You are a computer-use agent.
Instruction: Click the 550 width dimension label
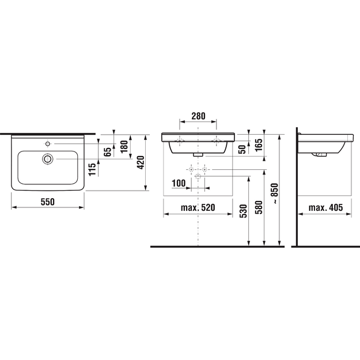click(48, 202)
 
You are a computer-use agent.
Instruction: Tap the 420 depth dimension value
click(141, 162)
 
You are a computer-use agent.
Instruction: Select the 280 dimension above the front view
click(198, 116)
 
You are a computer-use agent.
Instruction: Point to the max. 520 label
click(198, 207)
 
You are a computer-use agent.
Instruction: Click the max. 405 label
click(325, 207)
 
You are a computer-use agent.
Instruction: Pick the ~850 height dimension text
click(274, 193)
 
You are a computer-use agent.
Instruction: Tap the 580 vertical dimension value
click(259, 207)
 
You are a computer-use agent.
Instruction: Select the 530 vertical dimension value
click(244, 211)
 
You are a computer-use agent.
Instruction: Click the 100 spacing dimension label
click(179, 183)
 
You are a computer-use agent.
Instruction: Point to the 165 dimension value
click(259, 145)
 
